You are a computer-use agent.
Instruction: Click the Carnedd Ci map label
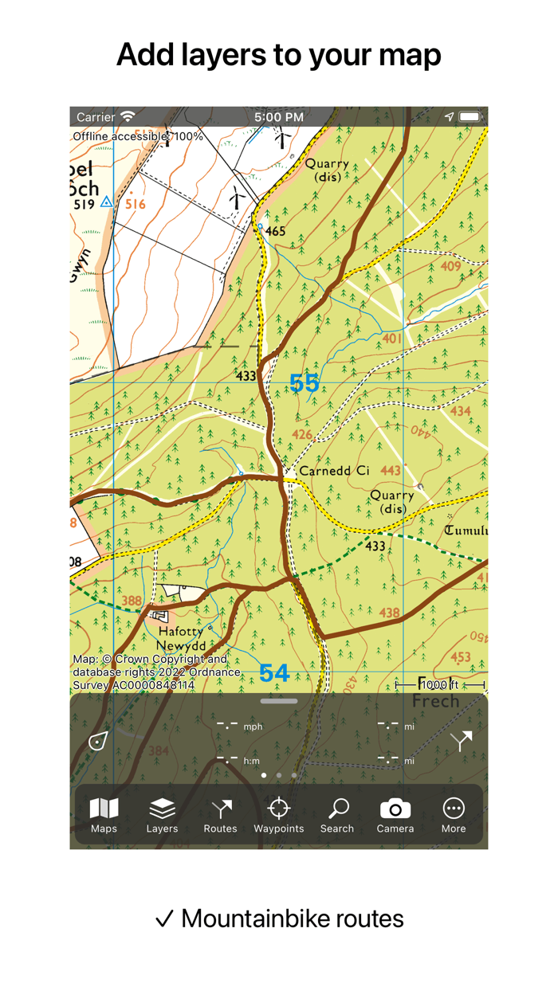point(334,471)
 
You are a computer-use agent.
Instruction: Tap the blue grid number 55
point(304,383)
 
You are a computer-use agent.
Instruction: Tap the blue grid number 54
point(274,673)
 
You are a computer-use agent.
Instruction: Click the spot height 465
point(275,232)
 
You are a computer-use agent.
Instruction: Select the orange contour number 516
point(136,205)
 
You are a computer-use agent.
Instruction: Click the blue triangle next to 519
point(107,203)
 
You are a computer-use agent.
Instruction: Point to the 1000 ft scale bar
point(440,685)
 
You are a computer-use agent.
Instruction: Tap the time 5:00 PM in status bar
point(278,117)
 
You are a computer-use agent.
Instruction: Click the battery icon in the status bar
point(470,117)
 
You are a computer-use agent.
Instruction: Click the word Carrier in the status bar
point(96,117)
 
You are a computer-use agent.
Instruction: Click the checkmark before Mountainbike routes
point(164,919)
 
